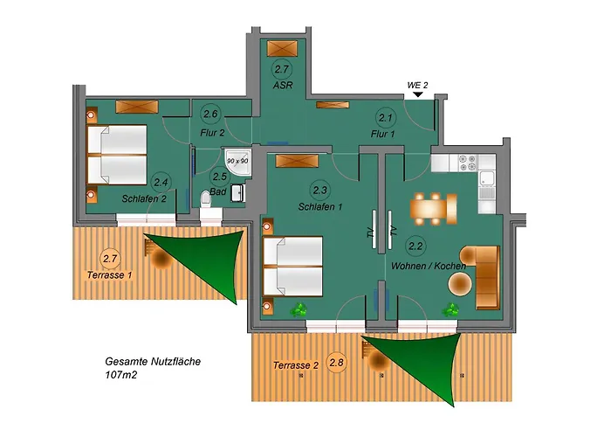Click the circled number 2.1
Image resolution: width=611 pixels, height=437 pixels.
pyautogui.click(x=386, y=117)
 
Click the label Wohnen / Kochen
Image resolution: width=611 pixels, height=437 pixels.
pyautogui.click(x=429, y=265)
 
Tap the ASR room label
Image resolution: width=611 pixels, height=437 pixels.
pyautogui.click(x=281, y=85)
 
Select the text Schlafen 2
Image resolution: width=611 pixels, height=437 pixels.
pyautogui.click(x=145, y=198)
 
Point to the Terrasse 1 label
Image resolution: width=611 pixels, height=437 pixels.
pyautogui.click(x=110, y=274)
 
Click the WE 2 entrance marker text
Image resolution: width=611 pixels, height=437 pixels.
pyautogui.click(x=417, y=85)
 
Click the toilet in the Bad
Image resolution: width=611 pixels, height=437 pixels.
pyautogui.click(x=206, y=200)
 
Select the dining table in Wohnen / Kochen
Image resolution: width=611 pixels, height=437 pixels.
pyautogui.click(x=434, y=208)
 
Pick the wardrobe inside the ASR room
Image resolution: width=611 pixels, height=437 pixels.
pyautogui.click(x=281, y=49)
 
